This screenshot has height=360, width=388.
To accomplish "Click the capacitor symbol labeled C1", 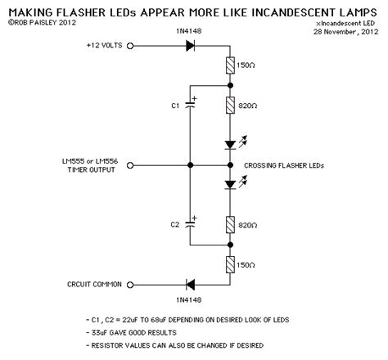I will click(x=190, y=104).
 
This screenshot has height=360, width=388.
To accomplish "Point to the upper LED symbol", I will click(x=231, y=145).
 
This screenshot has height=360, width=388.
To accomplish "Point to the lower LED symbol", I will click(x=231, y=185).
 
